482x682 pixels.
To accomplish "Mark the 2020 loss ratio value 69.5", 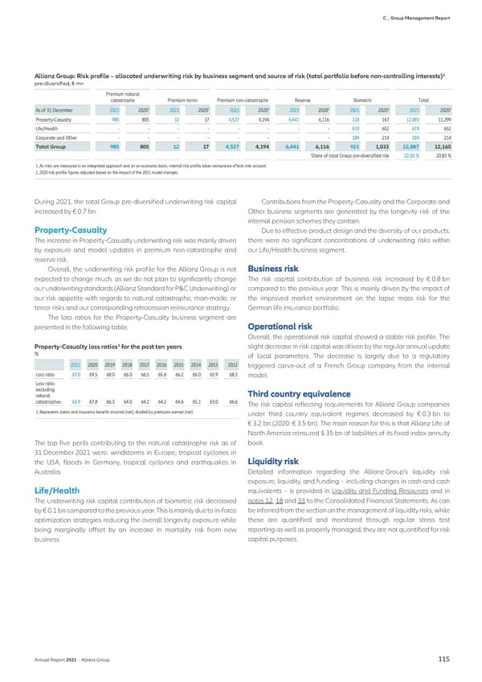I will [93, 375].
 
